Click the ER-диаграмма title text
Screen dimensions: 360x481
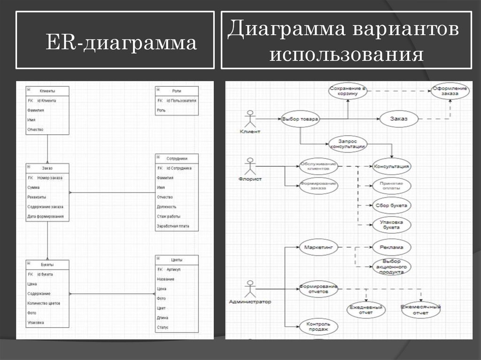pos(121,44)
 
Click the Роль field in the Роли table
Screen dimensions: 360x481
pos(161,110)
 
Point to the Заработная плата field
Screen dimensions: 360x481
pos(173,226)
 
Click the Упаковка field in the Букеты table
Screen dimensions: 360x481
pos(35,322)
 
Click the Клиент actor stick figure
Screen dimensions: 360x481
pos(250,119)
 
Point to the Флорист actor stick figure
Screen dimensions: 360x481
pos(250,166)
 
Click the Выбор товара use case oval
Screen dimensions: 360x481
pos(300,119)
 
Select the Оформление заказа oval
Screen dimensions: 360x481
pos(450,91)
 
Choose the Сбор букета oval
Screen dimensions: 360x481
pos(391,205)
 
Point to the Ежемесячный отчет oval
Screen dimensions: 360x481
pos(420,310)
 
